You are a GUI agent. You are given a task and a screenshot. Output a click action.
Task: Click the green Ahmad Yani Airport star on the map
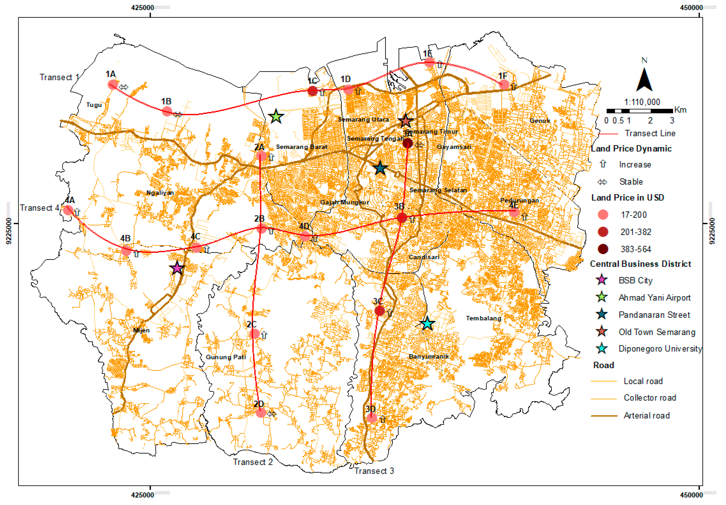point(276,116)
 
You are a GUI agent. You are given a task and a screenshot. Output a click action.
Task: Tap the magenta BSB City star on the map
point(177,268)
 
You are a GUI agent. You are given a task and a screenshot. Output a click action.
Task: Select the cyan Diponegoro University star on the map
point(427,323)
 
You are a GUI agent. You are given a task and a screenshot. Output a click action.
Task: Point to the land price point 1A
point(113,85)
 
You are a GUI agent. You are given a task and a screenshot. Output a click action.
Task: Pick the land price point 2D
point(261,412)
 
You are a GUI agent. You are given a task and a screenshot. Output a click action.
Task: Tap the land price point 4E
point(514,212)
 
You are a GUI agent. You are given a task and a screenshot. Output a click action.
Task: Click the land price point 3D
point(372,418)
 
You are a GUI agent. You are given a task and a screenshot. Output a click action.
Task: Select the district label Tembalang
point(483,318)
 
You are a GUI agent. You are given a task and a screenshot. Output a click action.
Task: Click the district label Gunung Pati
point(226,357)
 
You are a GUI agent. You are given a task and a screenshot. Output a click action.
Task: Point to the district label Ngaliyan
point(160,193)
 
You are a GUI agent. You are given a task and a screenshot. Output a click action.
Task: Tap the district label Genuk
point(540,121)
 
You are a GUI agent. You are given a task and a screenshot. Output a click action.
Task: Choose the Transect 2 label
point(253,462)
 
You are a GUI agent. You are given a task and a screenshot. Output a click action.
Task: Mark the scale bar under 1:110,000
point(639,111)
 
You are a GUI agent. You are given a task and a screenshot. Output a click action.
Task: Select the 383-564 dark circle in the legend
point(603,249)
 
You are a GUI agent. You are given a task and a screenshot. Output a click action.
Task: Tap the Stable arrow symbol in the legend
point(602,182)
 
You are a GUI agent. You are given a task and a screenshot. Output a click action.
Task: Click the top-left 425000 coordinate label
point(143,7)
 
